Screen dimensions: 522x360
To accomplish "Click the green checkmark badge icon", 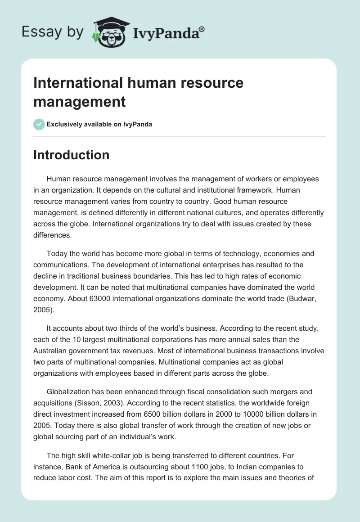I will click(x=39, y=124).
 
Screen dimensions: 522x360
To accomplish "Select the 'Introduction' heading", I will click(x=71, y=155).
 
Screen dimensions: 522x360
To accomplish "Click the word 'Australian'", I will click(x=52, y=349).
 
